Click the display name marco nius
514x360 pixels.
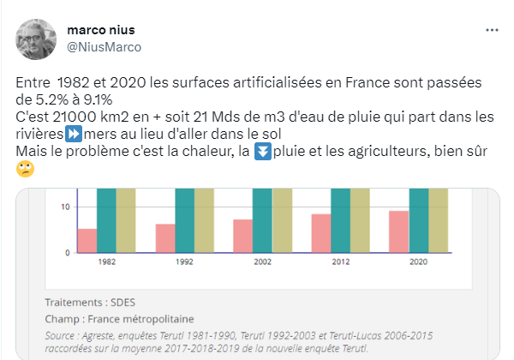click(102, 29)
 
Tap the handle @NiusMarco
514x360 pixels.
click(104, 46)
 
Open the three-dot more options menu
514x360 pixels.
click(492, 29)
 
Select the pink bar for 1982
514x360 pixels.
click(87, 241)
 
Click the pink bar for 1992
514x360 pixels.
click(165, 238)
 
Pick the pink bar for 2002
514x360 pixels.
click(243, 236)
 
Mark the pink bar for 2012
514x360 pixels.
click(321, 233)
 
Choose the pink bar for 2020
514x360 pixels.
click(398, 231)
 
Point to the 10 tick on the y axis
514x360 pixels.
click(64, 207)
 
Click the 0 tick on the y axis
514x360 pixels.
click(67, 252)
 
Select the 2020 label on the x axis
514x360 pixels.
click(419, 261)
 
